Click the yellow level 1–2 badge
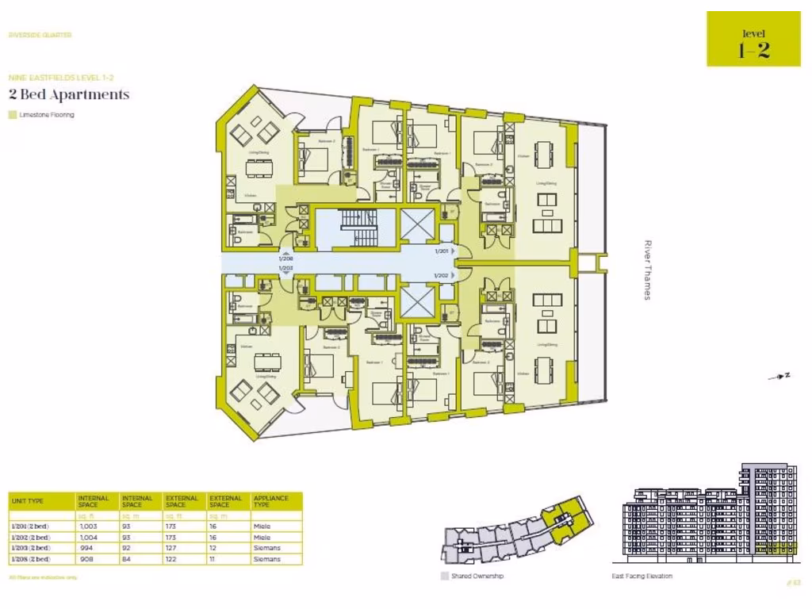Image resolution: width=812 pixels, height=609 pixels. point(753,39)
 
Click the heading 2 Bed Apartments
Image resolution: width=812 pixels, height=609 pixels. point(68,94)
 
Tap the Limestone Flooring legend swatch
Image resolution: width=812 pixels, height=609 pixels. point(12,115)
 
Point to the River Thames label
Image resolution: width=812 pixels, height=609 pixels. point(647,270)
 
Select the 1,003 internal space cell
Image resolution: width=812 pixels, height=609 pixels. point(87,527)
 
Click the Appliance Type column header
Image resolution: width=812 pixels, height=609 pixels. point(272,501)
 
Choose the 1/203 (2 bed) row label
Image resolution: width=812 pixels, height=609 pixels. point(30,548)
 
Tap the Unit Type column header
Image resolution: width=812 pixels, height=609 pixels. point(28,501)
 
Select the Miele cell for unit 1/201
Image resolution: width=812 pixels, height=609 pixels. point(262,527)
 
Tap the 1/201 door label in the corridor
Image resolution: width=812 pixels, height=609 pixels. point(442,251)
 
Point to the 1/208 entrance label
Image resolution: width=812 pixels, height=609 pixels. point(286,259)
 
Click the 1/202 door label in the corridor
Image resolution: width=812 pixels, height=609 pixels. point(442,275)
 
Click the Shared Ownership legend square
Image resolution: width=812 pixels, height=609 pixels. point(444,576)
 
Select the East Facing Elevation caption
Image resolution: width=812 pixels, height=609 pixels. point(642,576)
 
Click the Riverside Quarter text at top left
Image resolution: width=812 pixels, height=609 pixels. point(40,35)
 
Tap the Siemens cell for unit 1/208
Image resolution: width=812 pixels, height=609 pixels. point(266,559)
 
